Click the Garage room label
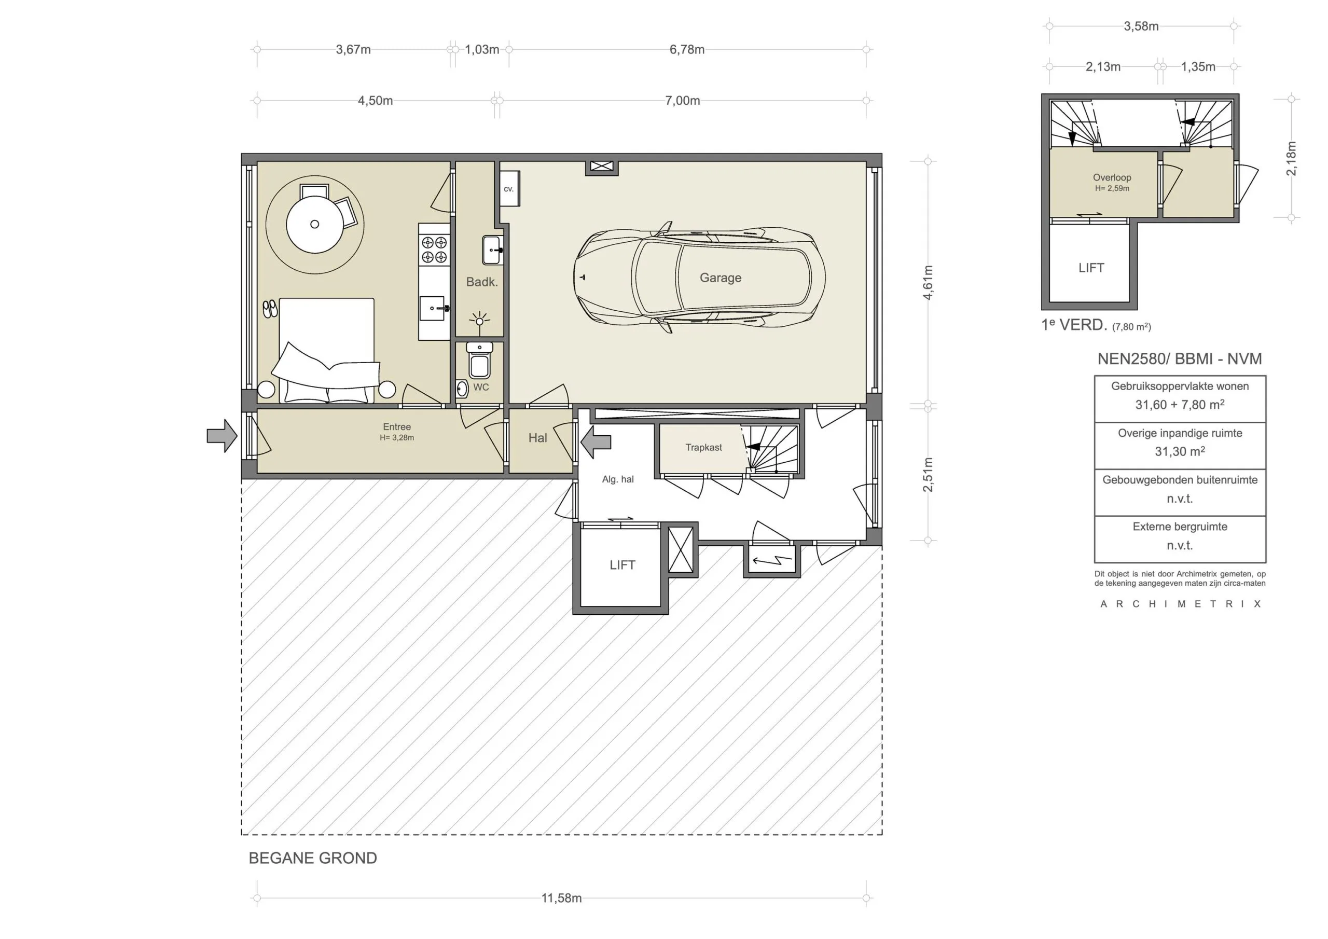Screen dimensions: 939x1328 [720, 278]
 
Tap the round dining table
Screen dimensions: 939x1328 [315, 225]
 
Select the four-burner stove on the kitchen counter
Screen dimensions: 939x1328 [434, 250]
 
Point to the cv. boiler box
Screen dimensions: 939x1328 [509, 189]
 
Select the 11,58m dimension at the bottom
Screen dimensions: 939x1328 [561, 898]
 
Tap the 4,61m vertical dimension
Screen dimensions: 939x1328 [927, 282]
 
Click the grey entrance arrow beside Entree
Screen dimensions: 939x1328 [222, 436]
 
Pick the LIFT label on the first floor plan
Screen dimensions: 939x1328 [1091, 268]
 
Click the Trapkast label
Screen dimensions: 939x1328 [703, 447]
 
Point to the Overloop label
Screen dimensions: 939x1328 [1112, 177]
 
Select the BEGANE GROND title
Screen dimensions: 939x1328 [312, 858]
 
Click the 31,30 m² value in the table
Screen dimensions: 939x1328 [1179, 451]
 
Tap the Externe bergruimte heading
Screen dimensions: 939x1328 [1179, 527]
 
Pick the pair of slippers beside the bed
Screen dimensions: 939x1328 [270, 309]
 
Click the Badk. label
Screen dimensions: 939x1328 [482, 282]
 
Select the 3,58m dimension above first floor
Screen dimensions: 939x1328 [1141, 26]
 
